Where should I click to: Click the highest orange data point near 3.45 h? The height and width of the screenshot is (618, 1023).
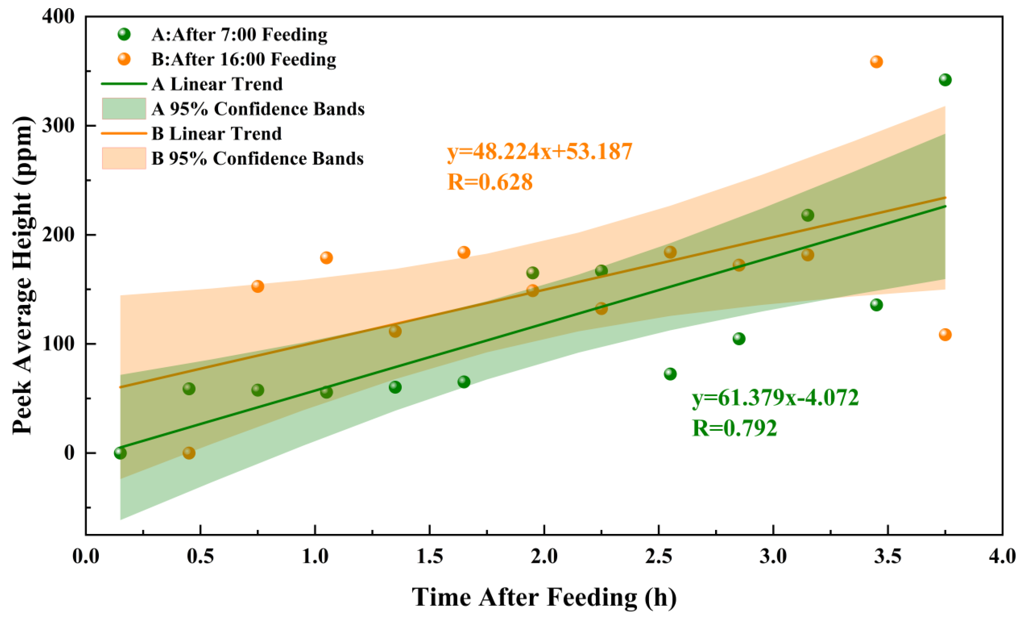tap(876, 62)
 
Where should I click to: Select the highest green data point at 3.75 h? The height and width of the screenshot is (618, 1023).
tap(945, 80)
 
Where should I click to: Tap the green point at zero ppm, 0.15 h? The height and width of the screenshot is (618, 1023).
tap(120, 453)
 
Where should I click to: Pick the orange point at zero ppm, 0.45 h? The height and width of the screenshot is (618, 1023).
tap(189, 453)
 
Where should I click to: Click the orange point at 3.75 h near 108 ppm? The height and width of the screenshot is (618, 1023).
tap(945, 335)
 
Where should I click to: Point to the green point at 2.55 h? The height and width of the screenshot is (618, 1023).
tap(670, 374)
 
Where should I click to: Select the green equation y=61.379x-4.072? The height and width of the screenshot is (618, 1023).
tap(775, 398)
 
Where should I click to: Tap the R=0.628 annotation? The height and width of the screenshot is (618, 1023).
tap(490, 182)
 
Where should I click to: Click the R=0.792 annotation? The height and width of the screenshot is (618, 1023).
tap(734, 428)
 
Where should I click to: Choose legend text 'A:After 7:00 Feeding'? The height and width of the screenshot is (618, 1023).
tap(239, 34)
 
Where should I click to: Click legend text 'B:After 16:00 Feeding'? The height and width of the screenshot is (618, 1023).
tap(244, 59)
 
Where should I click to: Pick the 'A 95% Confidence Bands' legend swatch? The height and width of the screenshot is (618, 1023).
tap(124, 109)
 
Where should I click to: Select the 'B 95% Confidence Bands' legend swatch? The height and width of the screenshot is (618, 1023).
tap(124, 158)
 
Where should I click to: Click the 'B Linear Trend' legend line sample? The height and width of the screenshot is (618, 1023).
tap(124, 134)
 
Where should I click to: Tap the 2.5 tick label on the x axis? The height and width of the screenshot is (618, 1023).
tap(658, 556)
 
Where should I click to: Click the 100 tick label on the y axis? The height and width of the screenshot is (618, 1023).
tap(58, 344)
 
